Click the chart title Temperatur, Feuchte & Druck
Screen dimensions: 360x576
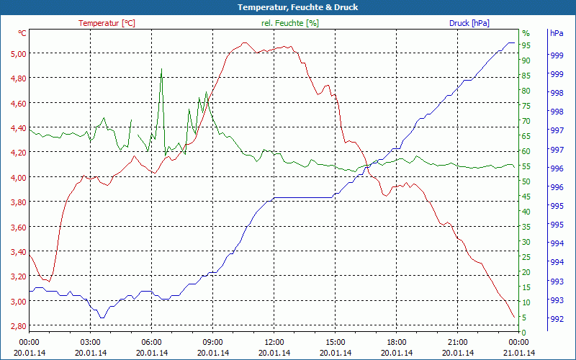(287, 7)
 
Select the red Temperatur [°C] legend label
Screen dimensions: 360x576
(107, 23)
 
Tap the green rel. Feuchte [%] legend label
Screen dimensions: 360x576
(290, 23)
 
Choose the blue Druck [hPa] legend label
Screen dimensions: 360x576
(469, 23)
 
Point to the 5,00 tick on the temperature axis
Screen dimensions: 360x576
(17, 53)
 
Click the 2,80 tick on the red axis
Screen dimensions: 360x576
(17, 326)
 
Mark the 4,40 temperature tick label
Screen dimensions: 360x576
(17, 128)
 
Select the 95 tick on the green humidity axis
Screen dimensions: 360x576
(526, 45)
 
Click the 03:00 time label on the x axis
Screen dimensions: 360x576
(90, 342)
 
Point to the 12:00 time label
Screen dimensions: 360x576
(274, 342)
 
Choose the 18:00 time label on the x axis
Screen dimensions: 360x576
(397, 342)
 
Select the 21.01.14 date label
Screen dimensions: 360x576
(519, 353)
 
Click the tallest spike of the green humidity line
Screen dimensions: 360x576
(161, 69)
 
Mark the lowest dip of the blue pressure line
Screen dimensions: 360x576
(102, 317)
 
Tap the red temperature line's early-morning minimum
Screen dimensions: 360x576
(47, 280)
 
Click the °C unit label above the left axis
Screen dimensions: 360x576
(22, 33)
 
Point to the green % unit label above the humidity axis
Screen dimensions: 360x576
(526, 33)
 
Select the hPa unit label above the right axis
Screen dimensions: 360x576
(557, 33)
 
